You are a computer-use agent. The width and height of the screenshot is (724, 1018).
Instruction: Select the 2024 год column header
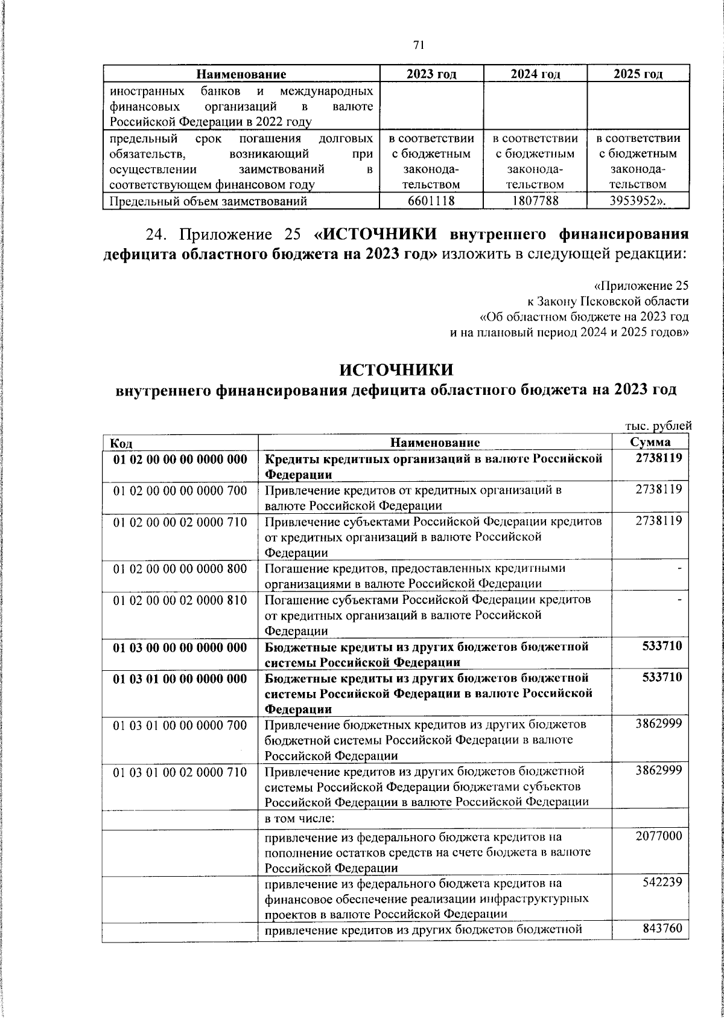535,74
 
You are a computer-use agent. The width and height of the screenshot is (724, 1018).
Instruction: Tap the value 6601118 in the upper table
431,201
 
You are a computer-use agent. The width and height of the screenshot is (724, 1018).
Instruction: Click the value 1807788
535,201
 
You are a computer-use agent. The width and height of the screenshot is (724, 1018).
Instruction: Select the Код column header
121,443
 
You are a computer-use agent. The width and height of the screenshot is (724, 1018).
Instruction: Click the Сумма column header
650,443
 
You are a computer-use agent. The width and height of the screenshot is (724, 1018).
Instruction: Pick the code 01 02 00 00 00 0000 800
180,568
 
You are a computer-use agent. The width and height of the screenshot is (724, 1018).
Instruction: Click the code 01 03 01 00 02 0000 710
180,771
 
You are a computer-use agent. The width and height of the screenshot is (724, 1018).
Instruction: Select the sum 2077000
658,836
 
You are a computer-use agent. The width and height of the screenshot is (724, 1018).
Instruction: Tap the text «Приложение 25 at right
641,286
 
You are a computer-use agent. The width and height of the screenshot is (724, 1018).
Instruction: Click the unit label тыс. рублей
657,426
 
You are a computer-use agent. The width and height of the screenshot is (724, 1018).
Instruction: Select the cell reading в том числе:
300,819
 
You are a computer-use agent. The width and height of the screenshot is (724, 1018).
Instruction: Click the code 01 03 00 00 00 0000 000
180,647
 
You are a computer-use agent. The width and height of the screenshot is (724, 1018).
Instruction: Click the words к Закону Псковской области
605,301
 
